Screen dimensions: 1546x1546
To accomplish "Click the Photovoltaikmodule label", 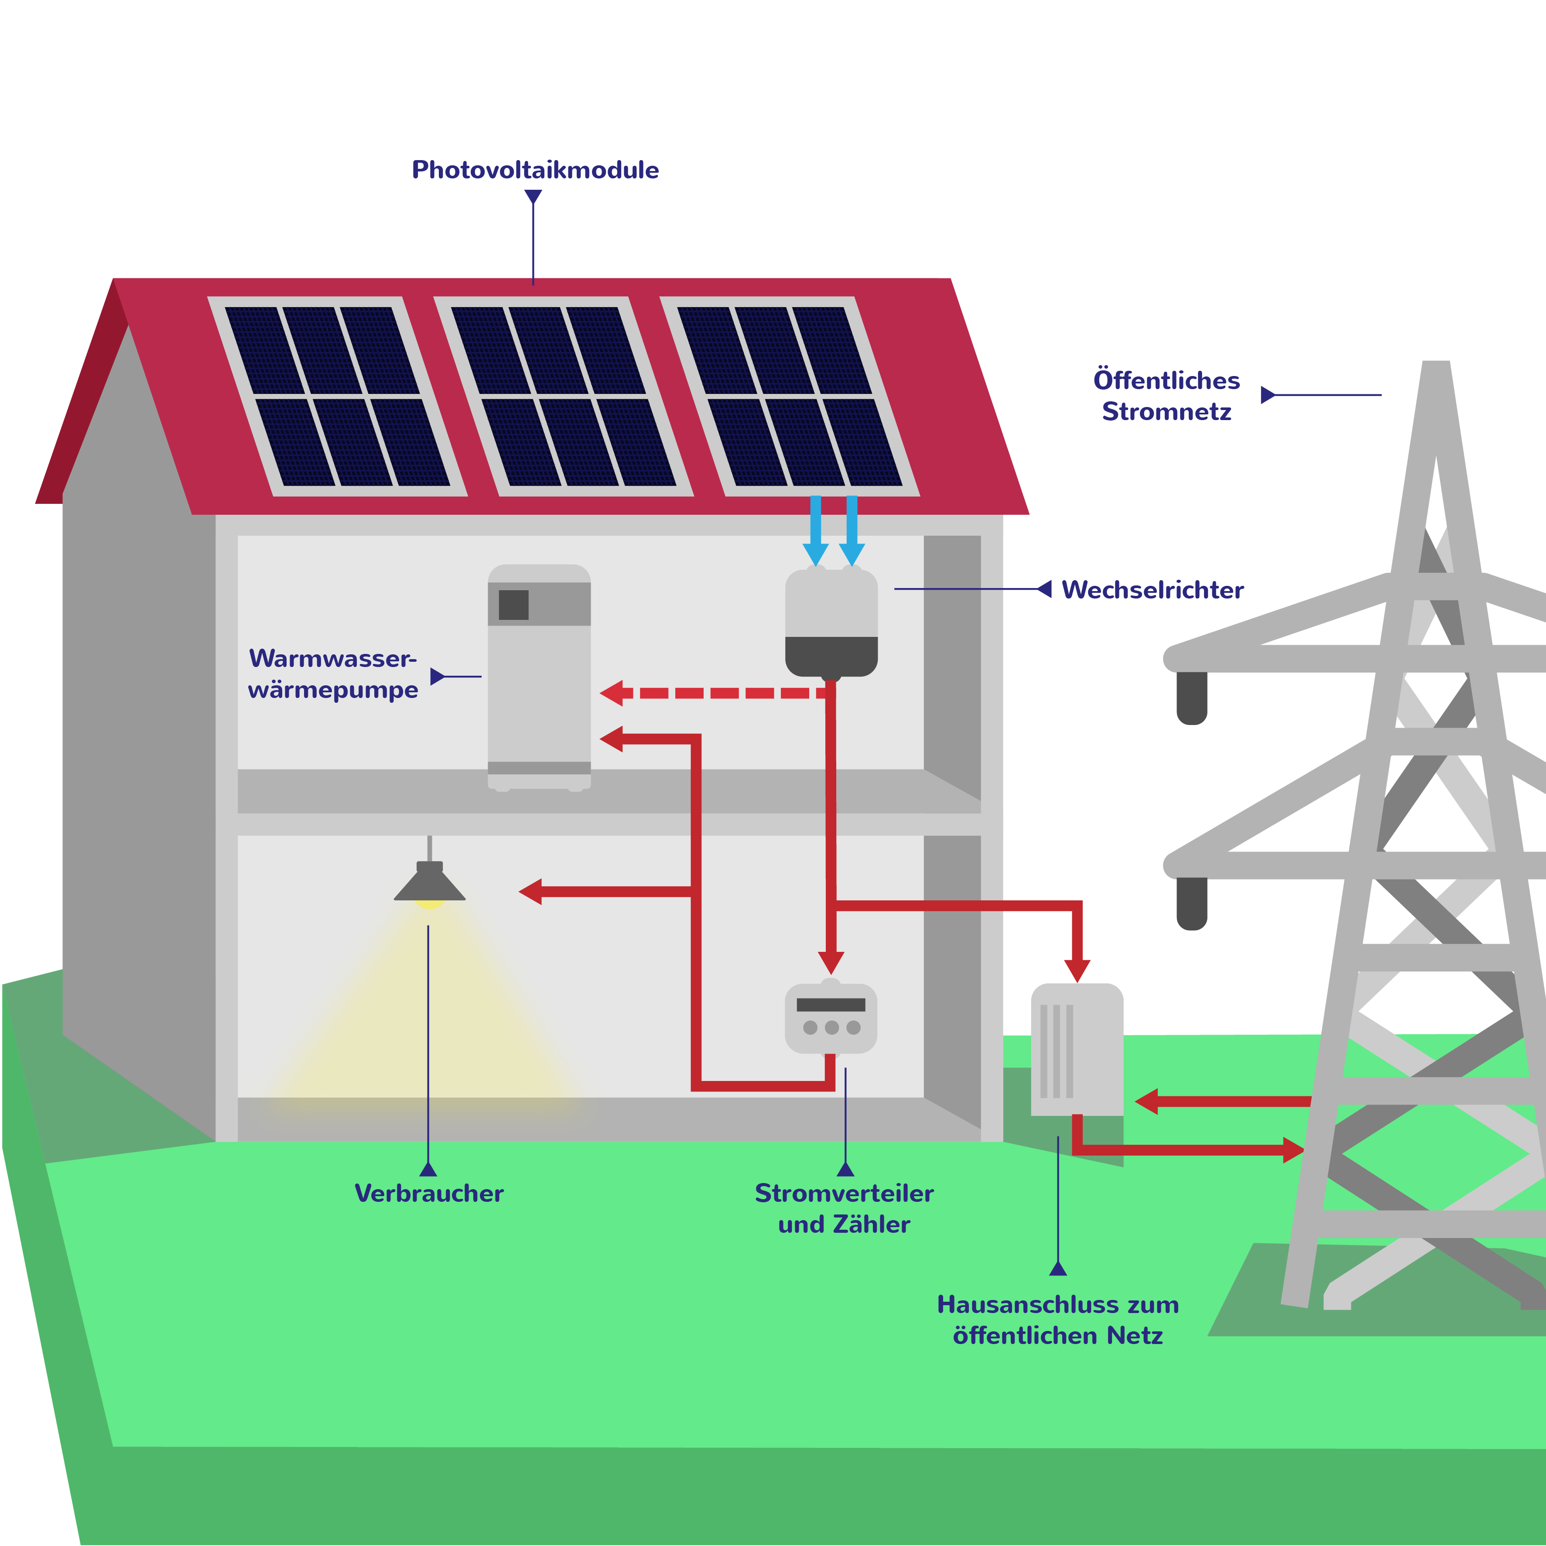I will click(x=534, y=170).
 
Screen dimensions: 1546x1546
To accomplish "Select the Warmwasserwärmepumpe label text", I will click(x=333, y=674).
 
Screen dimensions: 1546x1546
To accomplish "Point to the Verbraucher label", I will click(x=429, y=1193).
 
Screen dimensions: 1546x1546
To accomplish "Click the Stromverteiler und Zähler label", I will click(x=844, y=1208).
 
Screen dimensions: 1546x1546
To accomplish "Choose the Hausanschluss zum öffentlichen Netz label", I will click(x=1058, y=1320).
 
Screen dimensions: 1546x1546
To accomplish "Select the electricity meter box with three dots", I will click(x=831, y=1018).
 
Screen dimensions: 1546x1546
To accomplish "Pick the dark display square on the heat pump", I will click(x=514, y=605).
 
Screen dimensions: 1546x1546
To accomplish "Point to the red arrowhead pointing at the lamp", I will click(x=530, y=891).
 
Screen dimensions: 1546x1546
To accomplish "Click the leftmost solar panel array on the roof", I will click(x=337, y=396).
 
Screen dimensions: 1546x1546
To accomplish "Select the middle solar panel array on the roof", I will click(x=563, y=396).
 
